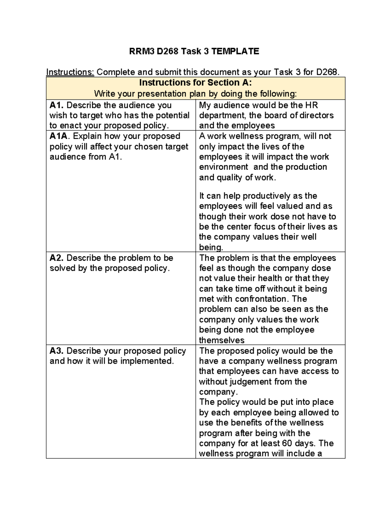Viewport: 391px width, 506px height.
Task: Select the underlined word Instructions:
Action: coord(70,72)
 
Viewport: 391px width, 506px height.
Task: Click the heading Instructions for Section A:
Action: coord(195,82)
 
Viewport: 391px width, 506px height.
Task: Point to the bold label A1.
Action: coord(57,105)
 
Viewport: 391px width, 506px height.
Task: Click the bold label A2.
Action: coord(57,258)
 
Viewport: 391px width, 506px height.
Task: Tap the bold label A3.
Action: coord(57,351)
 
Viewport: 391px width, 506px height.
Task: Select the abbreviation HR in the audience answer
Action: coord(311,105)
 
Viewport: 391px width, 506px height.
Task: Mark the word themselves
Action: coord(222,340)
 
